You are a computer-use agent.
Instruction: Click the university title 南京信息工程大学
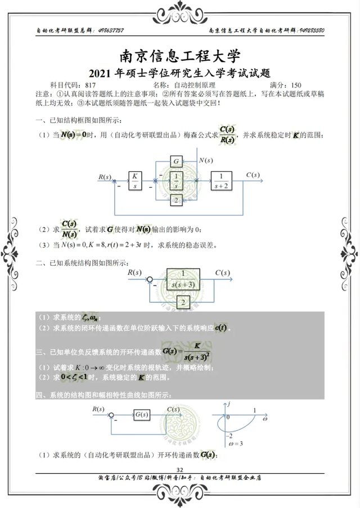pos(180,56)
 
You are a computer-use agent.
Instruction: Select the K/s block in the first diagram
pos(134,181)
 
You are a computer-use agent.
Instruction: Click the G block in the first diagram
pos(176,162)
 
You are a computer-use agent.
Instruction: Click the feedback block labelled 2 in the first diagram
pos(176,200)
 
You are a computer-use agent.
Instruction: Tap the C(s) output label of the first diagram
pos(253,175)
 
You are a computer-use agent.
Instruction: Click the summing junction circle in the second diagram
pos(150,279)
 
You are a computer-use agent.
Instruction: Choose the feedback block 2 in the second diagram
pos(183,303)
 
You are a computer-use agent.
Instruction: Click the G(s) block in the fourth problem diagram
pos(142,415)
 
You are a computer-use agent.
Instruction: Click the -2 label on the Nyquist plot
pos(229,436)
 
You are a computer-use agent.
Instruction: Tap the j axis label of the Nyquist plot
pos(230,403)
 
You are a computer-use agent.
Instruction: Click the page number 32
pos(180,470)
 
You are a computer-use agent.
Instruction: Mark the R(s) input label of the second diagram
pos(134,272)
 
